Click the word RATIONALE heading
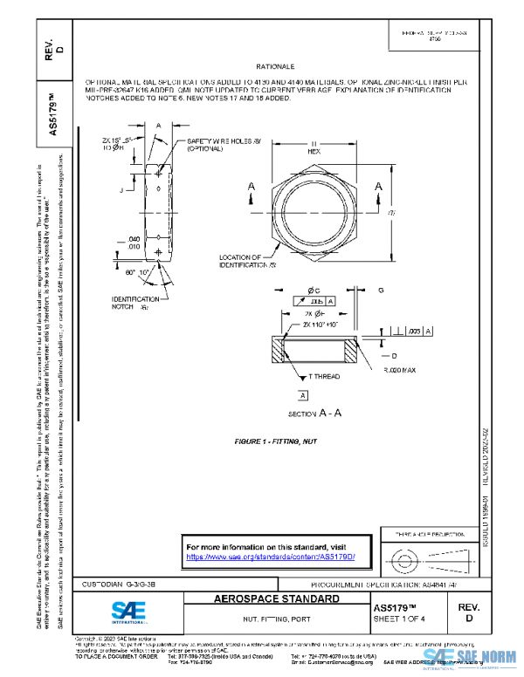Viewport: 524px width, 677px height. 275,66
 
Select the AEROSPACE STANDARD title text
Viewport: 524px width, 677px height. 277,599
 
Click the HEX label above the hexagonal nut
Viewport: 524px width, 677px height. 314,150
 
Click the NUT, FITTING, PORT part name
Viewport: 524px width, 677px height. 276,619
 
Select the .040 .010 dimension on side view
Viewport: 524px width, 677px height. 134,242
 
